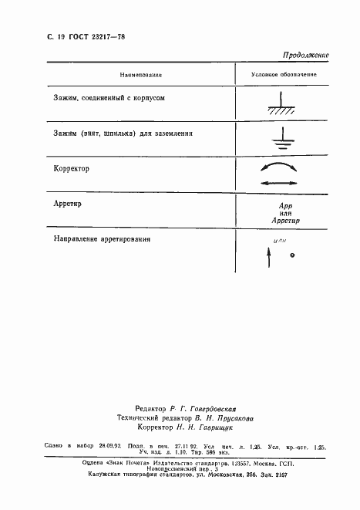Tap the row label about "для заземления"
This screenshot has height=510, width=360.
(x=123, y=133)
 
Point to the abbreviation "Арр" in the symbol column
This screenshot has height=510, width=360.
(x=284, y=207)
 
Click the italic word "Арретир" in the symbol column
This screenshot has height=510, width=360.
(x=284, y=221)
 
